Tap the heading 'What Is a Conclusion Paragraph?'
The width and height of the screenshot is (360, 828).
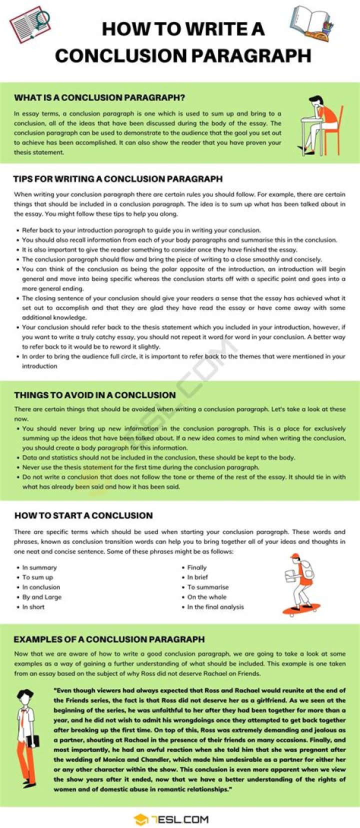click(x=99, y=97)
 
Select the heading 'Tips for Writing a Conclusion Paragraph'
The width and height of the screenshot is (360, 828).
click(x=118, y=178)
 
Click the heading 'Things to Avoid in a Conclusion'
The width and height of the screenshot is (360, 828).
click(x=95, y=395)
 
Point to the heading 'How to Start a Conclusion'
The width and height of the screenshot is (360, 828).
click(x=83, y=515)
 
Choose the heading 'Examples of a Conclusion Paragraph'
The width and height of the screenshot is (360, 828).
click(x=109, y=639)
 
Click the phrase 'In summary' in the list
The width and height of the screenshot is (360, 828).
click(x=39, y=567)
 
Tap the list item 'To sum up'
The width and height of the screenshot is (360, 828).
click(x=37, y=577)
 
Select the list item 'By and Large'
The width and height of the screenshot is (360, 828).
click(x=42, y=597)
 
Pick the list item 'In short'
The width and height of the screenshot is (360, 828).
click(x=33, y=607)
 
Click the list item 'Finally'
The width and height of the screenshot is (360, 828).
click(x=197, y=567)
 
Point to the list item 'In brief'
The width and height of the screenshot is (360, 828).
click(x=197, y=577)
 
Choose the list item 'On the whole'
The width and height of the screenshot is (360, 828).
click(x=207, y=597)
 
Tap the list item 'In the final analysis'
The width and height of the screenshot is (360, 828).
click(x=215, y=607)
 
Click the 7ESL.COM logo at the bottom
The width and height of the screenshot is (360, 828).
click(x=171, y=819)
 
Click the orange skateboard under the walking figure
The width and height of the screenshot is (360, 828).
click(x=301, y=609)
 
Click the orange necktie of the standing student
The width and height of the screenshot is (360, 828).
click(x=23, y=718)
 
